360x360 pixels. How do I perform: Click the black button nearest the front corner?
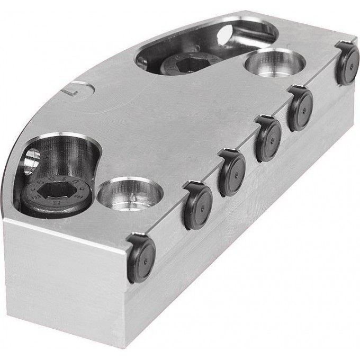coord(142,259)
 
